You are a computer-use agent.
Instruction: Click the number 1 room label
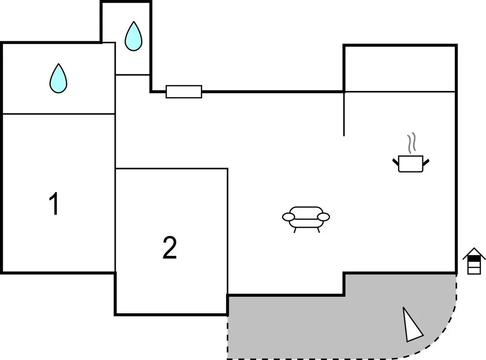pos(54,204)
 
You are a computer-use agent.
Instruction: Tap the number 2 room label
pos(169,248)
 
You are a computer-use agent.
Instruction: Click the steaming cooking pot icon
pos(411,163)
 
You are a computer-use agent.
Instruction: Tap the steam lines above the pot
pos(412,143)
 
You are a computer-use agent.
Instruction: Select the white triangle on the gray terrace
pos(412,324)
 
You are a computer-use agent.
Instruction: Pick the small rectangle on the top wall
pos(184,91)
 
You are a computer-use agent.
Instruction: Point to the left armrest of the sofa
pos(288,216)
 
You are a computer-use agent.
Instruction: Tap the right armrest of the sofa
pos(324,216)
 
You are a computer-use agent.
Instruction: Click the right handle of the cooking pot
pos(427,161)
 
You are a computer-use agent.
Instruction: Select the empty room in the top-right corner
pos(399,69)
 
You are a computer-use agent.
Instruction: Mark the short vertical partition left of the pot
pos(344,114)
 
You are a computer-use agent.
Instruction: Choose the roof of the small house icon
pos(474,253)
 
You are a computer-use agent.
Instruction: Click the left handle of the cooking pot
pos(395,161)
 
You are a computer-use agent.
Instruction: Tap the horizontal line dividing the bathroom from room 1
pos(58,114)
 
